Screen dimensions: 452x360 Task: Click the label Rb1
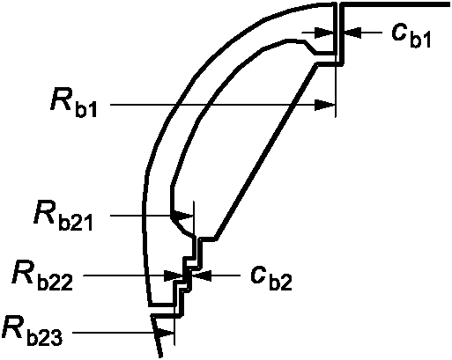(73, 105)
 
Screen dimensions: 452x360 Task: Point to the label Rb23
(32, 331)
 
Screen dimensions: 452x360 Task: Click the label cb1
(411, 35)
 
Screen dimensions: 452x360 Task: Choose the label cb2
(271, 278)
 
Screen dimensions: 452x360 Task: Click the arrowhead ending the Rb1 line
(324, 105)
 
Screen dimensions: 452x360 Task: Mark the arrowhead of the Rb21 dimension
(183, 217)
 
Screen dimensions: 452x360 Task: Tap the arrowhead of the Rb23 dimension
(165, 333)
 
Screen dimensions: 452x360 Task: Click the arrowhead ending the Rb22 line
(174, 276)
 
